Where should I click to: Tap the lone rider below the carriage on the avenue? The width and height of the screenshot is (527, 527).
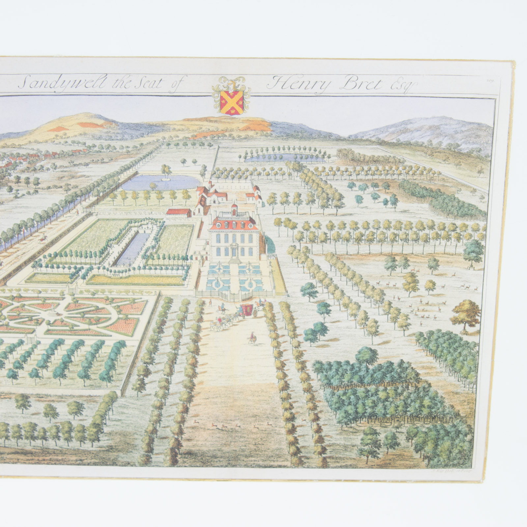click(x=252, y=338)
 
